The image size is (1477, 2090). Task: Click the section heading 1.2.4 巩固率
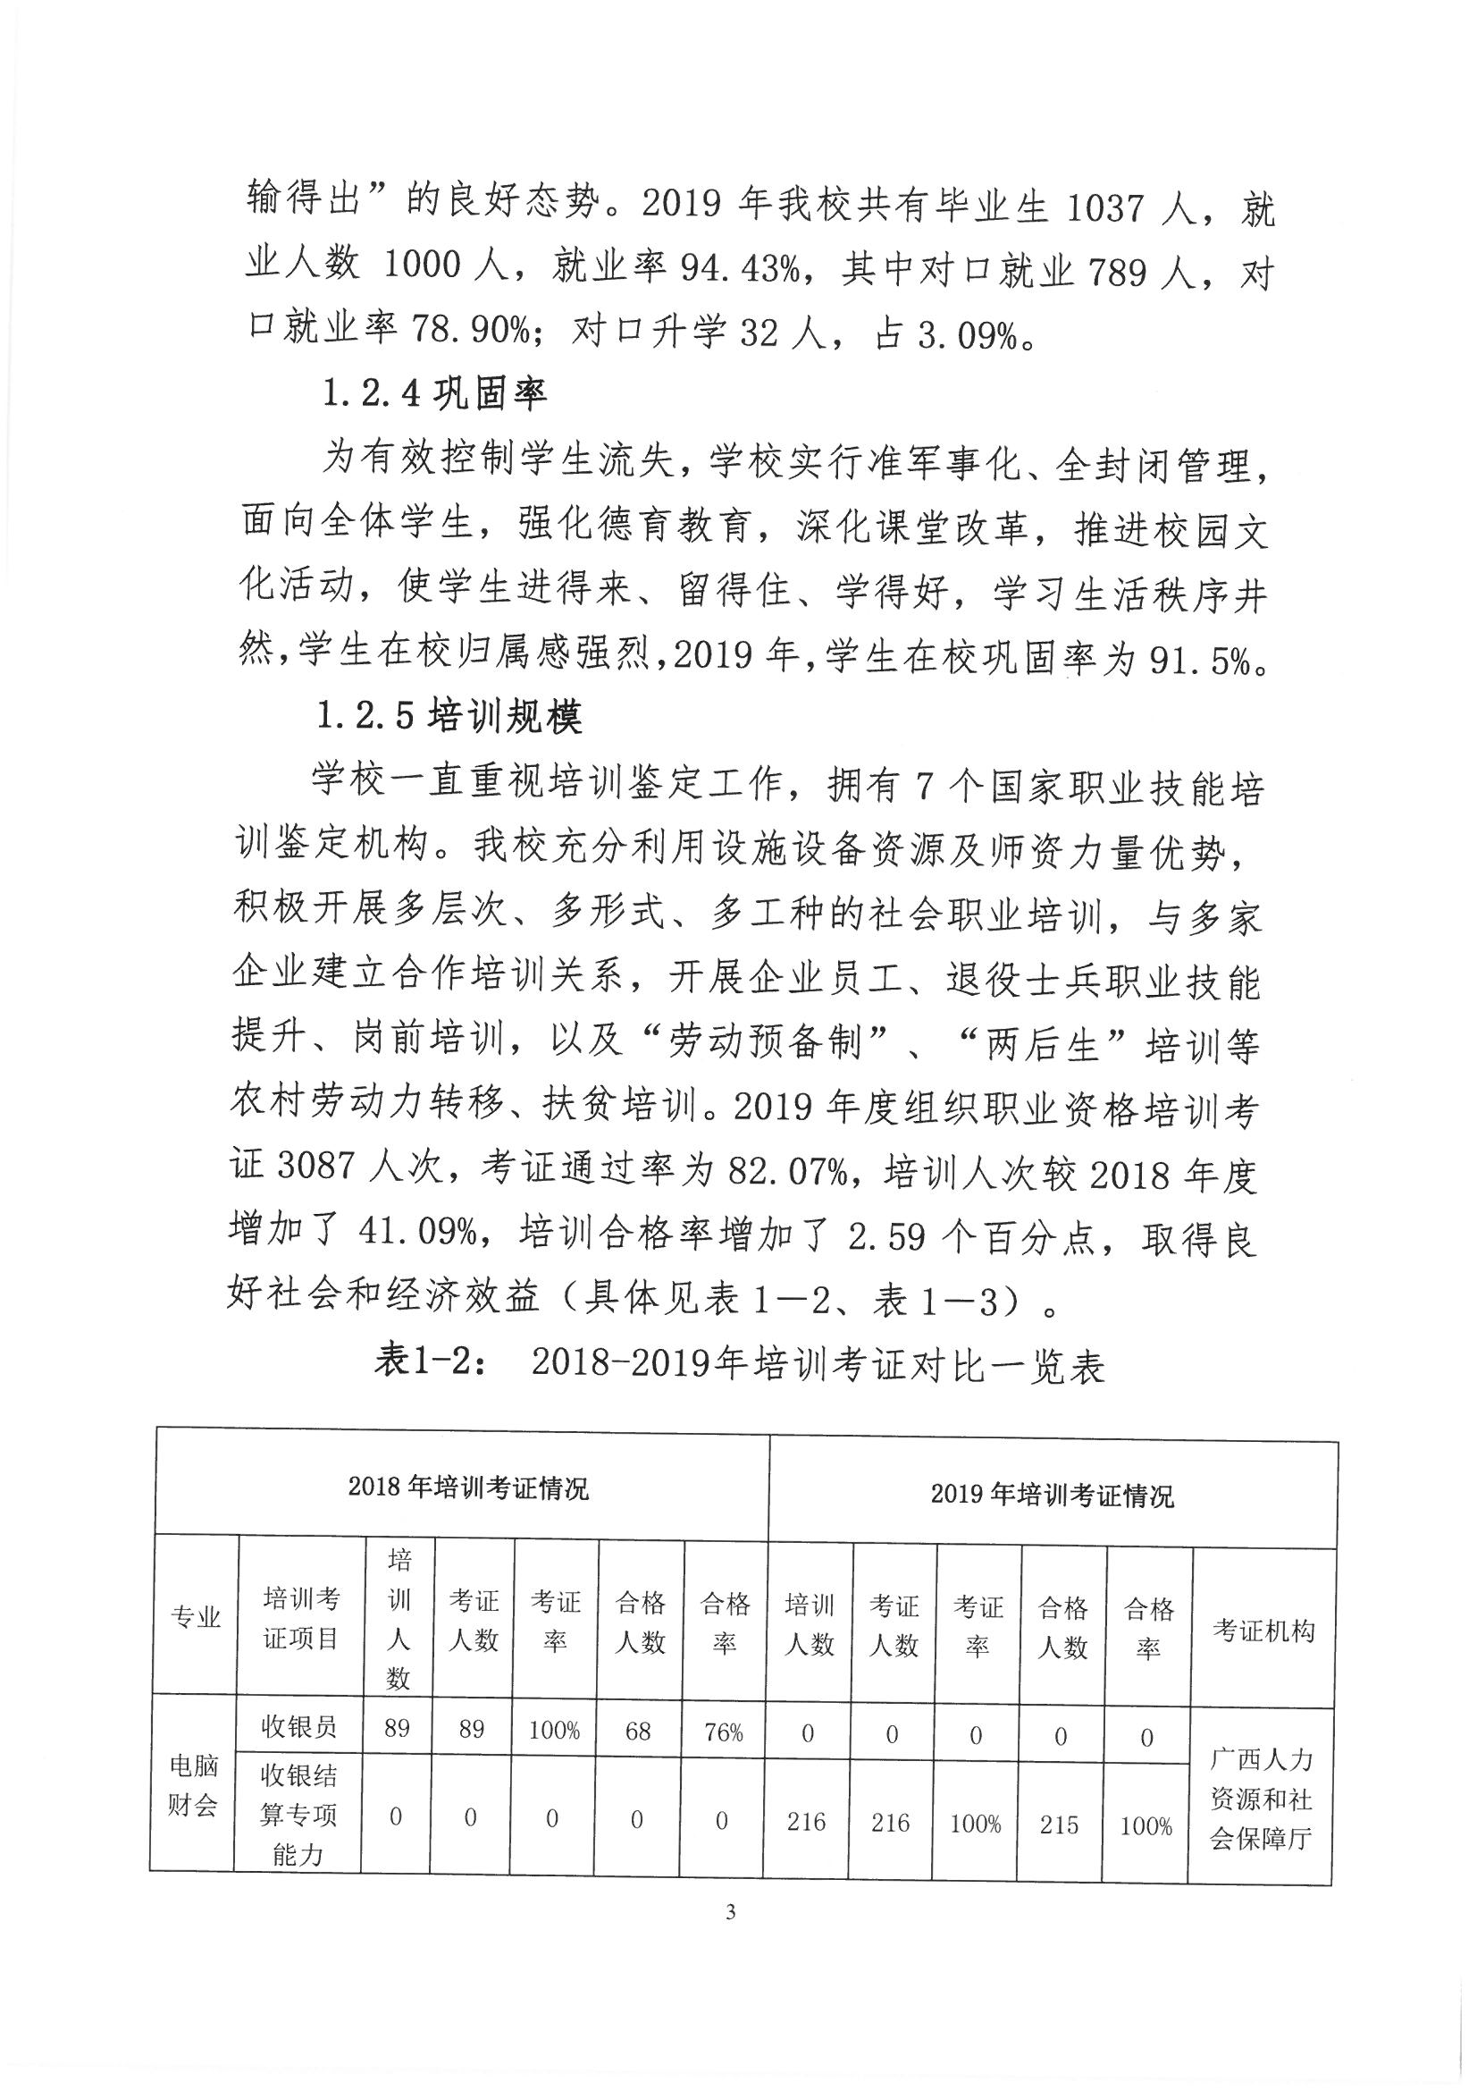point(434,393)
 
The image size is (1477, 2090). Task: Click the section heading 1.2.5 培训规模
point(449,717)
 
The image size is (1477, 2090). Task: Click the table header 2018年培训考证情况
point(468,1487)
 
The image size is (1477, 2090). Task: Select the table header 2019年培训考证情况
point(1052,1495)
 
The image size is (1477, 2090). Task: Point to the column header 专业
point(196,1616)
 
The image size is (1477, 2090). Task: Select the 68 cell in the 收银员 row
point(638,1730)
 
